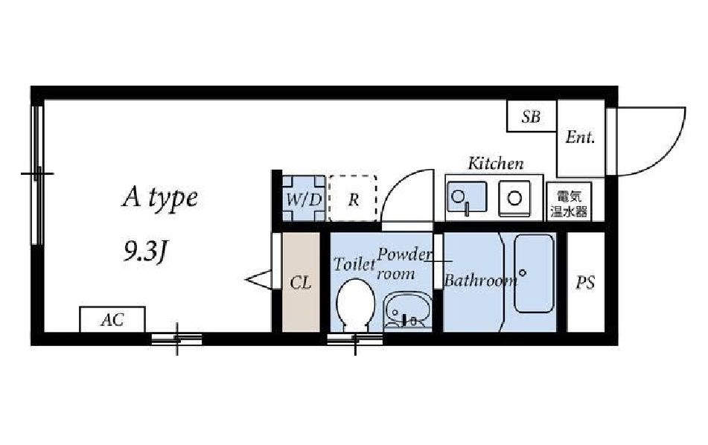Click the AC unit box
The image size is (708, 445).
[x=112, y=319]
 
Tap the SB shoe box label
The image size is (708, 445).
[x=531, y=117]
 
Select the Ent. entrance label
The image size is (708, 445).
[x=580, y=137]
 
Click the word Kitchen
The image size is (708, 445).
[x=496, y=163]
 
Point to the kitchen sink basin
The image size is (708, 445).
[x=467, y=196]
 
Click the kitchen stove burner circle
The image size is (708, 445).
[x=514, y=198]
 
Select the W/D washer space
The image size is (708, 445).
[x=304, y=199]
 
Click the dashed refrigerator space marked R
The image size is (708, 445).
[x=353, y=199]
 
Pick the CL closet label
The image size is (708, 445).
[x=301, y=283]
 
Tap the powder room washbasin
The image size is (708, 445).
[x=406, y=310]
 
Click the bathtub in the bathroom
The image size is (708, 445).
[x=534, y=273]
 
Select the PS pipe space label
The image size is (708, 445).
[x=585, y=283]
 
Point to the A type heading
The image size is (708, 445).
[x=160, y=198]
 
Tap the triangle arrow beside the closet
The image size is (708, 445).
[x=258, y=280]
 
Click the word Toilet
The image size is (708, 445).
[x=354, y=264]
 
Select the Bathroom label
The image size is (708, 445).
[x=480, y=281]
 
